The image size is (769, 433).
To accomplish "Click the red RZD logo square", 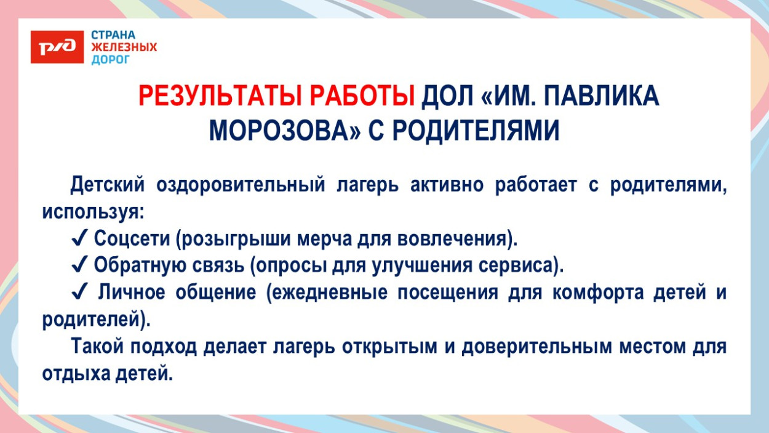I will (57, 46).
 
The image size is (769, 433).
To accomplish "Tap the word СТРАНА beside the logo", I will (113, 34).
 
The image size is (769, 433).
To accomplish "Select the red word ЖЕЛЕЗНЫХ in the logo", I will (124, 47).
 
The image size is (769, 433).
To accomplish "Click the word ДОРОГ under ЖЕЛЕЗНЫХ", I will (111, 59).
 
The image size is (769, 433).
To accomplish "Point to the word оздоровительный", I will (241, 185).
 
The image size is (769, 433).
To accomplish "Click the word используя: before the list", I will (94, 211).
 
